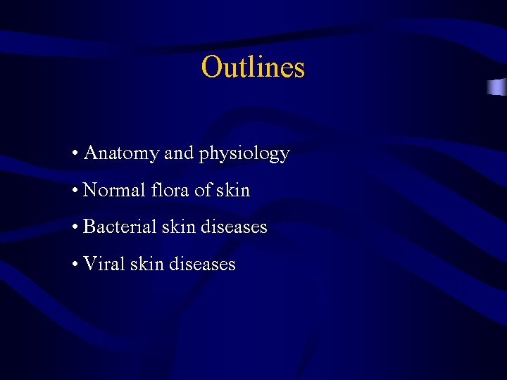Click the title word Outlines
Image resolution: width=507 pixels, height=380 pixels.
point(253,68)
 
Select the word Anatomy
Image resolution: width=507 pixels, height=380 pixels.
point(121,153)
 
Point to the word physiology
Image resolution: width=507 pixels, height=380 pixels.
point(244,154)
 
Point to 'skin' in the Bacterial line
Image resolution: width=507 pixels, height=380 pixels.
point(181,227)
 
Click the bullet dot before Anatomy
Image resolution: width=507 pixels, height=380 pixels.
point(75,153)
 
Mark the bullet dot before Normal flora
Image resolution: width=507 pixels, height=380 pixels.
point(75,191)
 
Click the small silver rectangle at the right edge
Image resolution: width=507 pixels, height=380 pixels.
point(496,87)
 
